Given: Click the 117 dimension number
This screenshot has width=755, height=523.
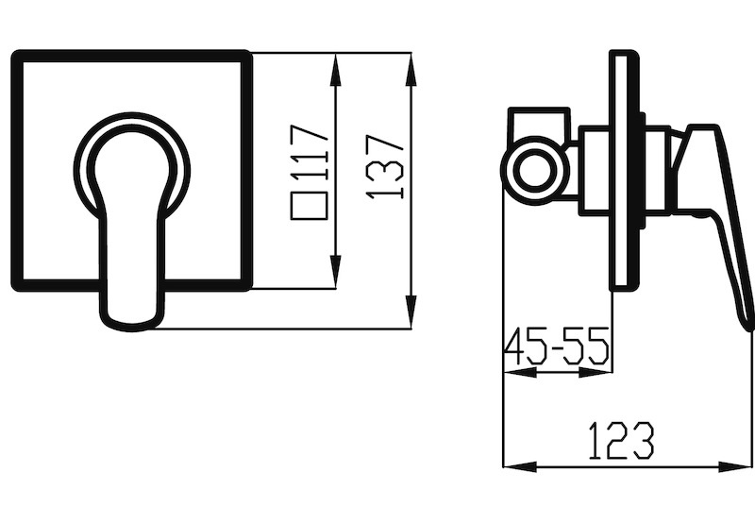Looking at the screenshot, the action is (x=310, y=151).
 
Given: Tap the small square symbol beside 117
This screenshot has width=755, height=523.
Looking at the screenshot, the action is (x=310, y=206).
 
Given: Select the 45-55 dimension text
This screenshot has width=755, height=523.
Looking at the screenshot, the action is (x=557, y=346).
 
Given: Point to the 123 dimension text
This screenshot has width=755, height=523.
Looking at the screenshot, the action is (x=622, y=441).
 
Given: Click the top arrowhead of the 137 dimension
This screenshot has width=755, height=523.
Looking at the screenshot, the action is (x=411, y=70).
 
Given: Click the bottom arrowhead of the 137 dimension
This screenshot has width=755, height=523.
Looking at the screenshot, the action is (x=411, y=312).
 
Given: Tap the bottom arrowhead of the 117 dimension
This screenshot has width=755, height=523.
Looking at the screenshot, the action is (x=336, y=272).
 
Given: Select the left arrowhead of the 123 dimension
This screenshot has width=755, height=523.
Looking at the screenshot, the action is (x=520, y=466).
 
